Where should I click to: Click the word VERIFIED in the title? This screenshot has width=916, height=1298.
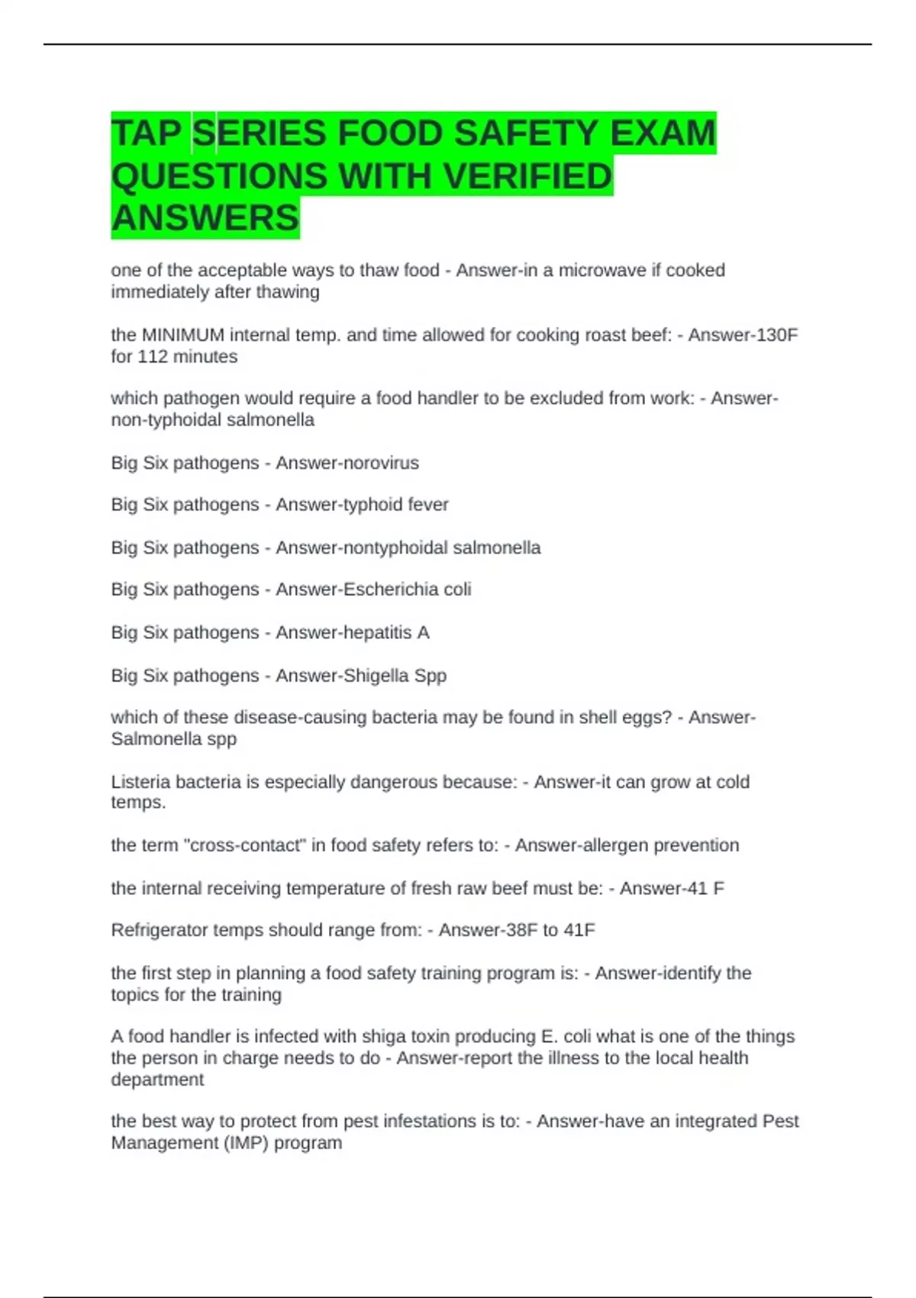tap(527, 176)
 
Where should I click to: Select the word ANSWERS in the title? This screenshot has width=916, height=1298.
tap(205, 218)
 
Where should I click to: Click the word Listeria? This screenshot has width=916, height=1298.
tap(140, 782)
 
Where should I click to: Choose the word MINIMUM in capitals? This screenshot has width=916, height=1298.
tap(183, 335)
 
